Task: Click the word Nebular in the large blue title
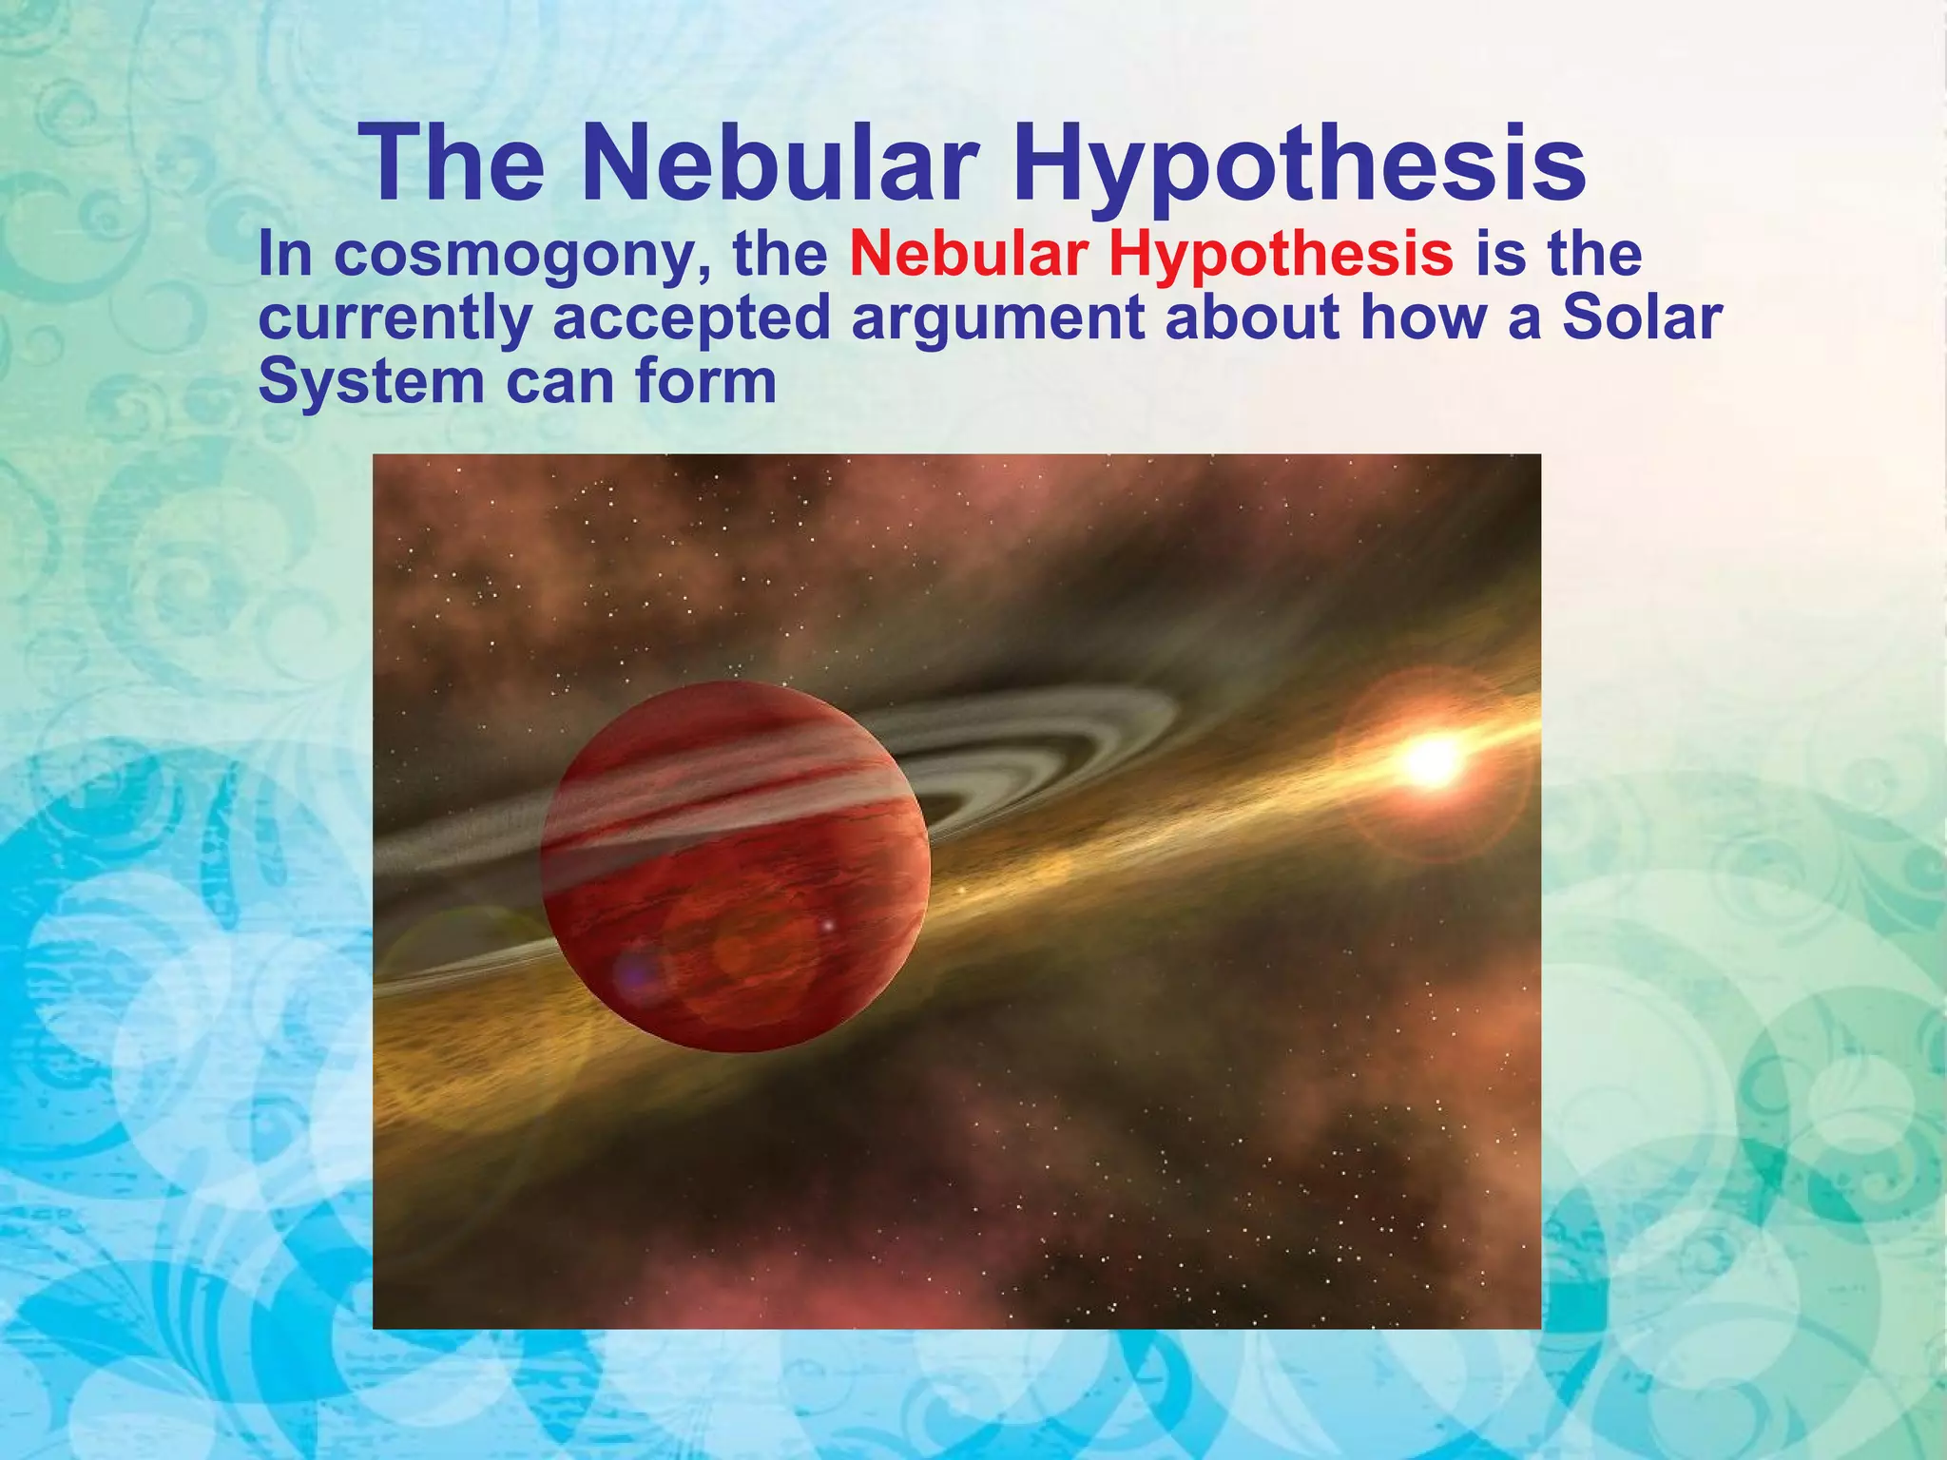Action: pyautogui.click(x=781, y=163)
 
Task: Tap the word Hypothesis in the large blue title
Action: pyautogui.click(x=1299, y=163)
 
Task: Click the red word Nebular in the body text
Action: pyautogui.click(x=969, y=255)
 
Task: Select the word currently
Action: pyautogui.click(x=395, y=318)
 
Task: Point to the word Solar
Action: pyautogui.click(x=1642, y=318)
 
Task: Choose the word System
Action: pyautogui.click(x=372, y=382)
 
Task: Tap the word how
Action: pyautogui.click(x=1420, y=318)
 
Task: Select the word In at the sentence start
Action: pyautogui.click(x=284, y=255)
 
